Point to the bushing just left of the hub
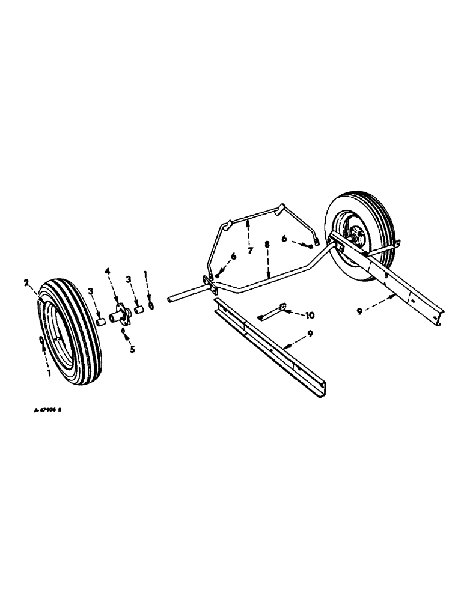click(x=100, y=320)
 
